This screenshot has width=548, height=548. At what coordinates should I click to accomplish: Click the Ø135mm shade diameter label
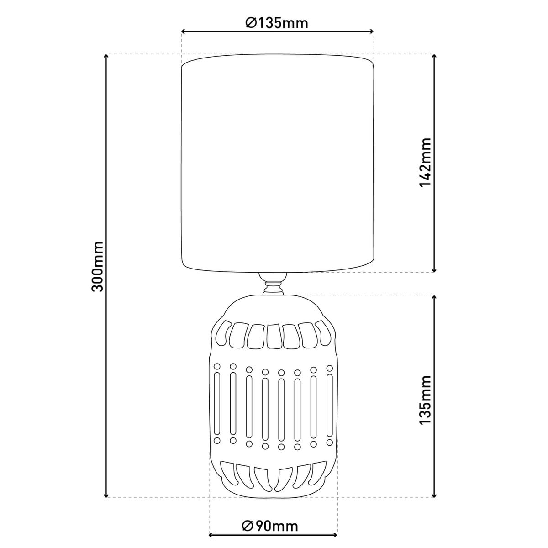277,23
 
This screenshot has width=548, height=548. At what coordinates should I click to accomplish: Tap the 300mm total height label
97,266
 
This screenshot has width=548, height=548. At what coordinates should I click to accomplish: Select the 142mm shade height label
426,162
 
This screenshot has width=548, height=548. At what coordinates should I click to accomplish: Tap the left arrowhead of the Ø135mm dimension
184,32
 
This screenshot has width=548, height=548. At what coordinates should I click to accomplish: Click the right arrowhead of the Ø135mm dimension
370,32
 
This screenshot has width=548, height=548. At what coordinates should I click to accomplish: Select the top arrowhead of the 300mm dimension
106,56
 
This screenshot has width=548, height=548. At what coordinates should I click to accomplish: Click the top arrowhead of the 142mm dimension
434,56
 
